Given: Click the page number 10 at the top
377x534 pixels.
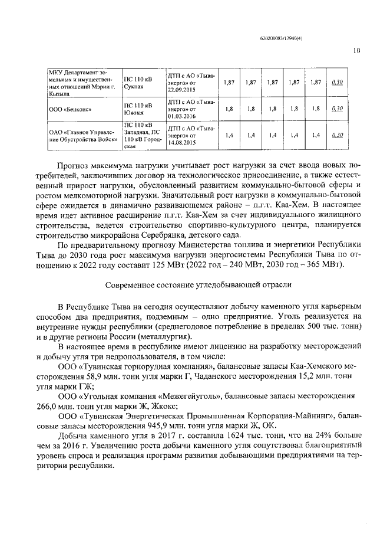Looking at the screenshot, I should coord(356,51).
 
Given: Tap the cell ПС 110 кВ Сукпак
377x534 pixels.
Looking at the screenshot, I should coord(136,83).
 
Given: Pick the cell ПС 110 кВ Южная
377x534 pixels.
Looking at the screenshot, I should coord(136,109).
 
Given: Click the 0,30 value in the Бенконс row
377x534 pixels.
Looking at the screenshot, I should coord(338,109).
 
